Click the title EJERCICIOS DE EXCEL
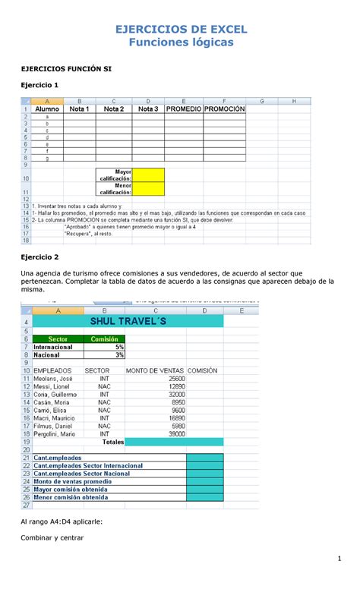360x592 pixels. click(180, 30)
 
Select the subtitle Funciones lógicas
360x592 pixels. click(180, 43)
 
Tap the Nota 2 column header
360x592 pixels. click(113, 109)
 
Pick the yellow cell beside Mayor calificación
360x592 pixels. click(149, 175)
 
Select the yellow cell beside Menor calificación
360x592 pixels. click(149, 188)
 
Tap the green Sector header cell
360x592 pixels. click(57, 339)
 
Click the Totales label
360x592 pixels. click(113, 442)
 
